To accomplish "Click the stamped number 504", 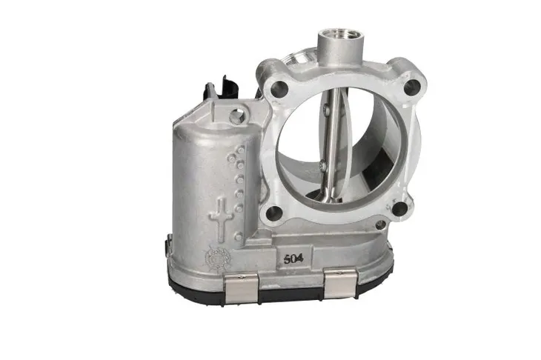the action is [x=293, y=259].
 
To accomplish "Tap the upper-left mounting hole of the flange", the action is [x=279, y=90].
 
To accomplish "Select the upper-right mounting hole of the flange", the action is [x=412, y=87].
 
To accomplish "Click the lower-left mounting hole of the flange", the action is [x=274, y=213].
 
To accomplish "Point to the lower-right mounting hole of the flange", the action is [x=400, y=209].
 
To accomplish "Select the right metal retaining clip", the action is [x=340, y=284].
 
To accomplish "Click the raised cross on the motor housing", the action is [x=221, y=219].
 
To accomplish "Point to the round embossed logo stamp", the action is [x=218, y=258].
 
